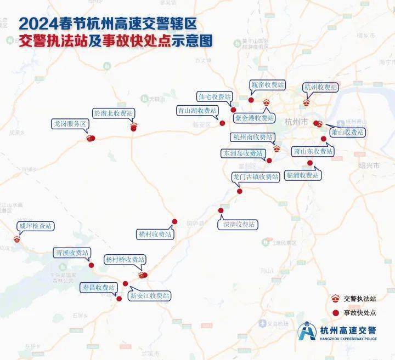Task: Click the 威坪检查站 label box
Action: tap(36, 226)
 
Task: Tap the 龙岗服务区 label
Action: tap(70, 124)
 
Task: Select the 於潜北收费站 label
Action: tap(114, 113)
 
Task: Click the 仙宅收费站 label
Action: tap(215, 97)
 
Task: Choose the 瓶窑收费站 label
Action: tap(268, 85)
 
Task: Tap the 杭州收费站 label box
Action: tap(321, 87)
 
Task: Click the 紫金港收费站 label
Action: tap(255, 118)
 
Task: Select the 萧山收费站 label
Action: tap(347, 133)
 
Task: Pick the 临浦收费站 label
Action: tap(303, 175)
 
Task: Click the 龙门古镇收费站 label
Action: tap(256, 177)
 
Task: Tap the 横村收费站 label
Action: tap(155, 234)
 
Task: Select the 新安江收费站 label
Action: tap(149, 296)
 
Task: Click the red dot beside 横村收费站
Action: tap(175, 222)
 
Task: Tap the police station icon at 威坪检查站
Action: tap(16, 239)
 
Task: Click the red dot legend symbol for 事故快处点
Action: tap(335, 312)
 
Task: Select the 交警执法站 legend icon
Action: tap(335, 299)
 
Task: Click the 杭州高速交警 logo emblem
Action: tap(307, 331)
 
